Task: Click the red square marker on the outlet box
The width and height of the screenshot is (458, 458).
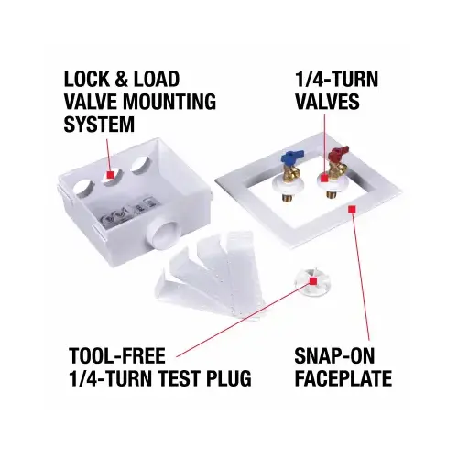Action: pyautogui.click(x=111, y=173)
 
